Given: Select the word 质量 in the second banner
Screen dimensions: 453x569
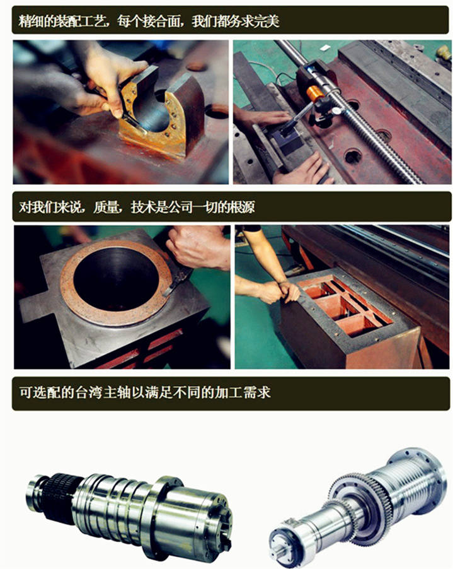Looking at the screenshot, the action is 106,207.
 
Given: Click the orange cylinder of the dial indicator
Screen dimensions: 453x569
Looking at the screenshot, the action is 314,93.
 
